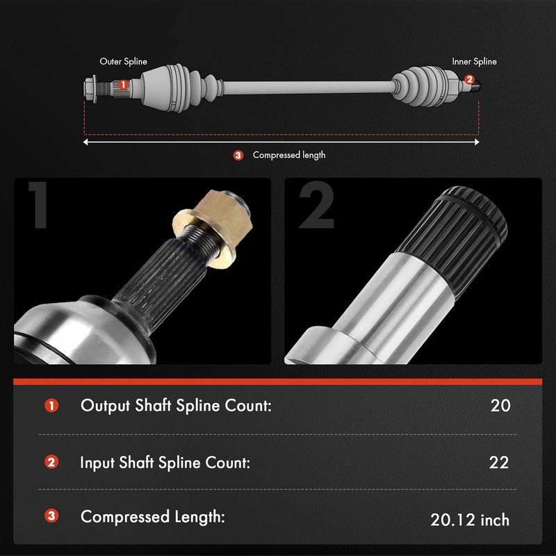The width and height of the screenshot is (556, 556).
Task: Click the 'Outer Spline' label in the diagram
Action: click(x=123, y=62)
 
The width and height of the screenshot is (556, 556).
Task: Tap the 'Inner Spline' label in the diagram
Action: click(x=475, y=62)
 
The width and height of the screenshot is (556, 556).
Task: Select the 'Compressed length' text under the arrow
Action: click(x=288, y=155)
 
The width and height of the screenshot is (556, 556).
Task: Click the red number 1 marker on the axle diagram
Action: click(x=122, y=85)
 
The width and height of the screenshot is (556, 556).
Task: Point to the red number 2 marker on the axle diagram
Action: click(x=469, y=81)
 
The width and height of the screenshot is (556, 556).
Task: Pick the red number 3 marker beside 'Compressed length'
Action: click(x=238, y=155)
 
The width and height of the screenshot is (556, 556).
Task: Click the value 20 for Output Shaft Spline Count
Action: click(x=500, y=405)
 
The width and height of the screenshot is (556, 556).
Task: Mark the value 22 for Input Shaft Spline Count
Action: click(x=498, y=462)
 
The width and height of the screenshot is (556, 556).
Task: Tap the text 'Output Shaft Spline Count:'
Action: click(x=175, y=405)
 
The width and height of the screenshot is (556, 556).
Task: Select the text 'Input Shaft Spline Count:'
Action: click(x=165, y=462)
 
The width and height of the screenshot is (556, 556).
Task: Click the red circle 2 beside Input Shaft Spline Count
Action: click(x=51, y=462)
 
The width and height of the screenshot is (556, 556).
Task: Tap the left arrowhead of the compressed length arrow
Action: click(x=86, y=142)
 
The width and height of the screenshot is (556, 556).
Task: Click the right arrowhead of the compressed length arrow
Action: click(x=477, y=142)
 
